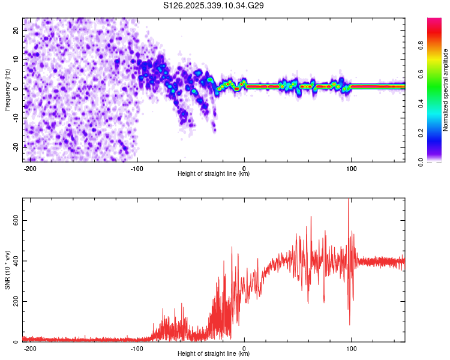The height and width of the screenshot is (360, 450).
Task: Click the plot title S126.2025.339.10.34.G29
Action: (x=213, y=5)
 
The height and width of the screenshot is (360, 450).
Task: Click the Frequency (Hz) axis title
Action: (x=7, y=90)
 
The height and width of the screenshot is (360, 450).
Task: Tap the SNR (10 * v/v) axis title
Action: (x=7, y=270)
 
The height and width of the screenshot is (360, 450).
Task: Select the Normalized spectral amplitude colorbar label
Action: (x=445, y=90)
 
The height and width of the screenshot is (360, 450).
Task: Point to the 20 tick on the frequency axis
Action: (x=16, y=31)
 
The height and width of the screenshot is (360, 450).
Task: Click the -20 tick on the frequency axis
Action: (x=16, y=148)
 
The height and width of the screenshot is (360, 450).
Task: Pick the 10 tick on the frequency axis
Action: (x=16, y=59)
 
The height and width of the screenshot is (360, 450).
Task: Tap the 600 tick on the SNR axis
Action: (x=16, y=220)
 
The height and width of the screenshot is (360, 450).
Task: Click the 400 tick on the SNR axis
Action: (x=16, y=261)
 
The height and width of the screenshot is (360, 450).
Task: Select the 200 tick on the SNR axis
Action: (x=16, y=301)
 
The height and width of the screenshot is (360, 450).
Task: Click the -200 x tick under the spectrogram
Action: (x=30, y=169)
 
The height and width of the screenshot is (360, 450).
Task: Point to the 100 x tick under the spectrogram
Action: (x=351, y=169)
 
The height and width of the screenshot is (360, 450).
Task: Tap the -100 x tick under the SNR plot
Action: (x=137, y=349)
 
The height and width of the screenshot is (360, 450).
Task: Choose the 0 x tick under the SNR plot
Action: (x=244, y=349)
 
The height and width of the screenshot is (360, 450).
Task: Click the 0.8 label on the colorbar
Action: (x=421, y=45)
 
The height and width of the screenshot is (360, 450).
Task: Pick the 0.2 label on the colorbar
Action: (x=421, y=133)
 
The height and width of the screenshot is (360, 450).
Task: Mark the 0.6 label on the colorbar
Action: (x=421, y=74)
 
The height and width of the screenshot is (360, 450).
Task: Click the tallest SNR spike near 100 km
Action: (x=349, y=199)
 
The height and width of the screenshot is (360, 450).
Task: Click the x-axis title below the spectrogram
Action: (x=214, y=173)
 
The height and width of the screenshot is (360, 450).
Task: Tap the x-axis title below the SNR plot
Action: (x=214, y=353)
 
